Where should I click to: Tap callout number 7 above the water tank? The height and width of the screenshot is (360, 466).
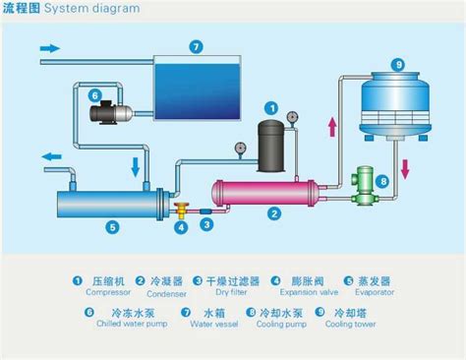[196, 45]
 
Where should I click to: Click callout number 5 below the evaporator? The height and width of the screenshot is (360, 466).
[112, 226]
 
